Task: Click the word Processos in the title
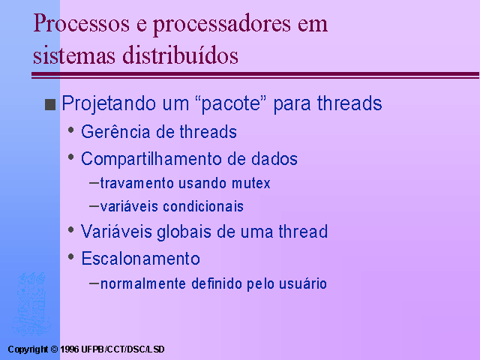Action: tap(81, 23)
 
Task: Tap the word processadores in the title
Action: tap(222, 25)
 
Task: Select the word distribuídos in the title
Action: tap(180, 55)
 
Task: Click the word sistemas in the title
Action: tap(74, 55)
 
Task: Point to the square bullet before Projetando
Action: tap(50, 104)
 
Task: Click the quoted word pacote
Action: tap(231, 104)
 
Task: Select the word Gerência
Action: tap(115, 132)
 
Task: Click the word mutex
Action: tap(251, 183)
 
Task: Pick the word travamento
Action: tap(137, 183)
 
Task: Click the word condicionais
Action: tap(203, 206)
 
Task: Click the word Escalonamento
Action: tap(140, 258)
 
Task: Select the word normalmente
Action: tap(143, 283)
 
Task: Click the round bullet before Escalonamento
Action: tap(71, 256)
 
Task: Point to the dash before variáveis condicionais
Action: tap(94, 206)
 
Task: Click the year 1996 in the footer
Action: tap(70, 349)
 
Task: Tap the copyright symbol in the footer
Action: tap(54, 349)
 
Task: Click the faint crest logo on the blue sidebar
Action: tap(31, 304)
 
